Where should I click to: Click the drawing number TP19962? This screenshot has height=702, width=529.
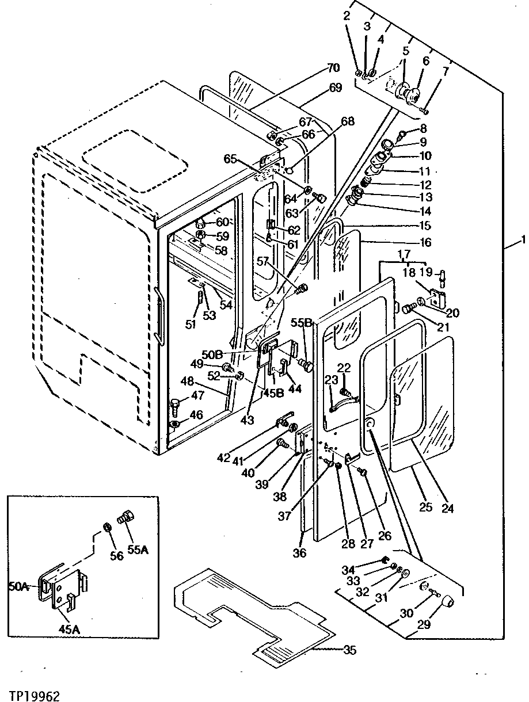tap(35, 695)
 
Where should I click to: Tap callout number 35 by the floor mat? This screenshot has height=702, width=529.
tap(349, 651)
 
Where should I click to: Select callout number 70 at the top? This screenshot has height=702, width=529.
tap(333, 68)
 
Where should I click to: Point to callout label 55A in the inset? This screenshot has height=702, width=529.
tap(138, 550)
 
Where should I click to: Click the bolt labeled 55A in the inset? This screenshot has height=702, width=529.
tap(124, 517)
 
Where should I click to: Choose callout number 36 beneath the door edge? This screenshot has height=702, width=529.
tap(299, 553)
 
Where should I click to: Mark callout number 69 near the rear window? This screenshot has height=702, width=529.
tap(335, 88)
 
